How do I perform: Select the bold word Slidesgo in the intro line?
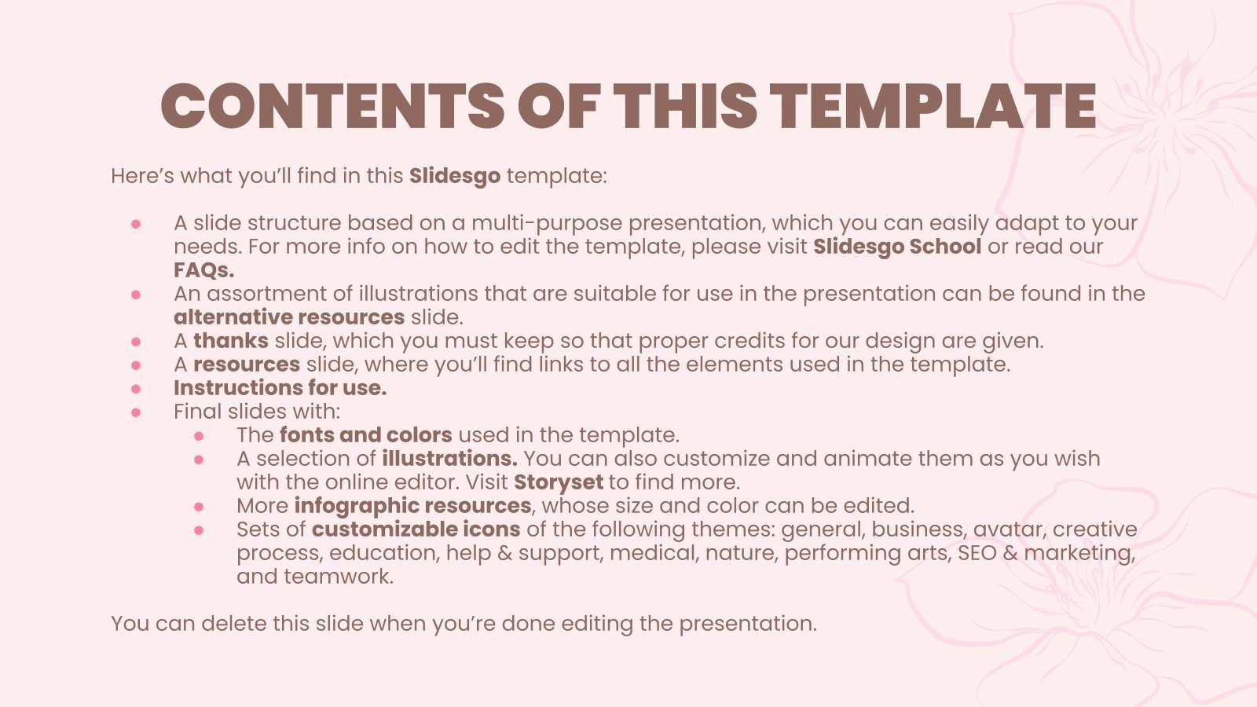click(x=454, y=176)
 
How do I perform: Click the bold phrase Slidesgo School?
click(x=896, y=247)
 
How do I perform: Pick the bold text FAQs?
click(x=203, y=270)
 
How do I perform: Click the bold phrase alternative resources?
click(x=288, y=317)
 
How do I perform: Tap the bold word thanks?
click(x=230, y=341)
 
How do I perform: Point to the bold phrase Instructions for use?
click(x=280, y=388)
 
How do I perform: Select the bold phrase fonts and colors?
click(x=365, y=435)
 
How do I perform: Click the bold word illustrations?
click(x=449, y=459)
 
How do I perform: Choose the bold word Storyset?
click(x=558, y=482)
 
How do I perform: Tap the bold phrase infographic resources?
click(x=412, y=506)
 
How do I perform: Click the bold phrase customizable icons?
click(x=416, y=529)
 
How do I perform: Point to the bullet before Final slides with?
click(x=136, y=412)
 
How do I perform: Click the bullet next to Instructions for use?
click(x=136, y=388)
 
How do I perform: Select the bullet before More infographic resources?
click(x=199, y=507)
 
